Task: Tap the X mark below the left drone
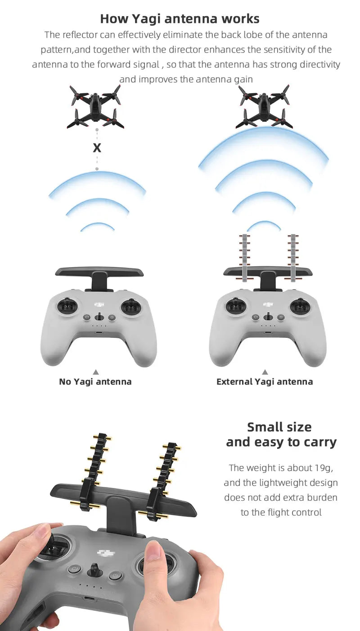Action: [97, 148]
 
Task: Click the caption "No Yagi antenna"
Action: [95, 382]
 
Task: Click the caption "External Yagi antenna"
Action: [265, 382]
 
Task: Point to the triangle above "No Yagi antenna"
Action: [95, 371]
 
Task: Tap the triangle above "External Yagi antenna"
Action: [265, 371]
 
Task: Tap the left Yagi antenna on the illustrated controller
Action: [245, 256]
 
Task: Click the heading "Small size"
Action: [279, 427]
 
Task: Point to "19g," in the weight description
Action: [323, 468]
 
